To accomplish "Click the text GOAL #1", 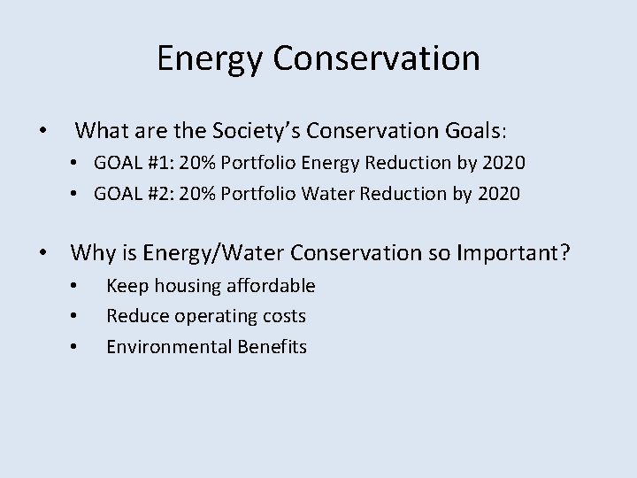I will (x=147, y=164).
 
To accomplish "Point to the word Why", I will (x=92, y=254).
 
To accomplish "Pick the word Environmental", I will (x=170, y=347).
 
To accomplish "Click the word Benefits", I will (x=271, y=347).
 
